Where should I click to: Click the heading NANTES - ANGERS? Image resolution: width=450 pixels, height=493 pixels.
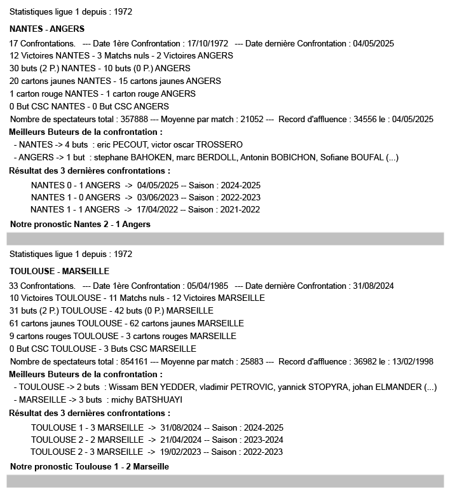[47, 29]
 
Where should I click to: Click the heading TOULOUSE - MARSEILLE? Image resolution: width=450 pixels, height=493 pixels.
[59, 271]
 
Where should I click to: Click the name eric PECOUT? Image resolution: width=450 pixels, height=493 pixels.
[121, 144]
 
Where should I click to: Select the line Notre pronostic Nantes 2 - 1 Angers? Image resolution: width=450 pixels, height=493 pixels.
[80, 224]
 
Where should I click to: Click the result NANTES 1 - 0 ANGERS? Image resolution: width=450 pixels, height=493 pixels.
[75, 197]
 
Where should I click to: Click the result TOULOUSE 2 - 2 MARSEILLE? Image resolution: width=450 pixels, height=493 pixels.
[87, 440]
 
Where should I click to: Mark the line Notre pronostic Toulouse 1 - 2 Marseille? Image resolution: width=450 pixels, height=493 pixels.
[90, 466]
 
